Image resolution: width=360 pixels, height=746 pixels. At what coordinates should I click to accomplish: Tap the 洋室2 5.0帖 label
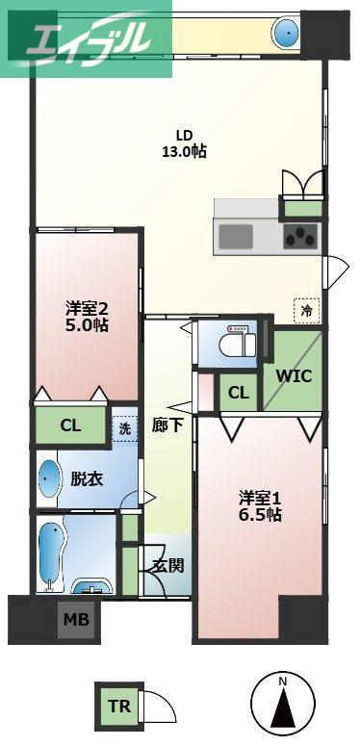click(x=87, y=318)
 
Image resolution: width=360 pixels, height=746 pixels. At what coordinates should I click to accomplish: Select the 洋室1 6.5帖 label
click(x=260, y=506)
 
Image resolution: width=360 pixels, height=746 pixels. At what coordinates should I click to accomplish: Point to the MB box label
click(x=76, y=620)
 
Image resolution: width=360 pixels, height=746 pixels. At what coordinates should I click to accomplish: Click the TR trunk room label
click(x=119, y=706)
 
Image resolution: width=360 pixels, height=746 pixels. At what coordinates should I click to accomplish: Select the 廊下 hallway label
click(x=167, y=424)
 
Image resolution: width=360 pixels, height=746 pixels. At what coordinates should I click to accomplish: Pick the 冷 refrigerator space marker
click(x=307, y=311)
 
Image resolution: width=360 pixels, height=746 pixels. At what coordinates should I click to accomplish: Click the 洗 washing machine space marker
click(x=124, y=428)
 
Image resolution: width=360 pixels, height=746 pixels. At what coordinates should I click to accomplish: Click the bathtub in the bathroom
click(x=50, y=553)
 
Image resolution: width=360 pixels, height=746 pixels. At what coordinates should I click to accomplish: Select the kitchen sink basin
click(x=236, y=237)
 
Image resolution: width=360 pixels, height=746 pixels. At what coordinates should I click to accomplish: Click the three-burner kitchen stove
click(x=300, y=237)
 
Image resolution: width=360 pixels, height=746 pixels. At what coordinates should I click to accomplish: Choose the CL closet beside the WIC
click(x=238, y=393)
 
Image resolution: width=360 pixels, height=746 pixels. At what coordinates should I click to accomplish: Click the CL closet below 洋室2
click(x=70, y=425)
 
